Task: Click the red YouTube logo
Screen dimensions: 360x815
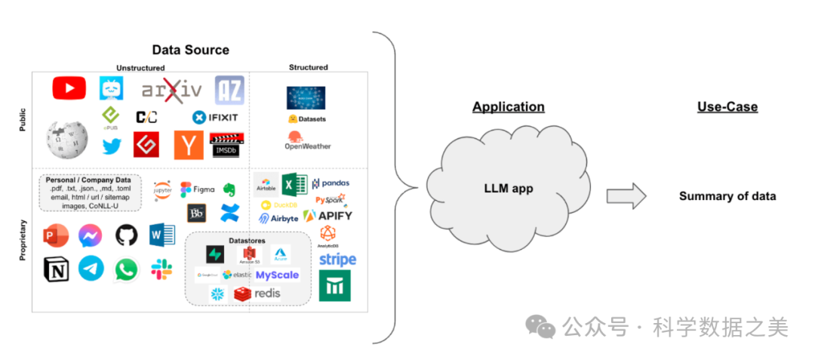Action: (x=69, y=89)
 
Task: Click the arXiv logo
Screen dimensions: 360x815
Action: (x=172, y=91)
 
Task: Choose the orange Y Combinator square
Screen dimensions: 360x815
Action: (x=189, y=144)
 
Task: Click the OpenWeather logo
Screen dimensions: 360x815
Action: (x=307, y=140)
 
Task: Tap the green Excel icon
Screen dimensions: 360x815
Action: (x=294, y=185)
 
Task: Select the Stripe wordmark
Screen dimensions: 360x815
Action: (x=337, y=260)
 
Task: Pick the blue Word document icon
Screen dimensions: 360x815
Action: (x=161, y=235)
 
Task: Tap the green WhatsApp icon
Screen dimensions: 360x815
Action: (x=126, y=269)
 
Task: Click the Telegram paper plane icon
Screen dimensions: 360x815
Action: (x=91, y=269)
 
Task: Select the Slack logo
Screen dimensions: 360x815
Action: (x=161, y=269)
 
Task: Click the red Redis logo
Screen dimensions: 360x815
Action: (x=257, y=294)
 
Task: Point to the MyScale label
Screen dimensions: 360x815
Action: (x=277, y=275)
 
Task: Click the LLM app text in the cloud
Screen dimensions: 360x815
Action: (x=508, y=188)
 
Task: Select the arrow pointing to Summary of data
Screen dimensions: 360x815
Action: (x=626, y=197)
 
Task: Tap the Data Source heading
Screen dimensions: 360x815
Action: (x=190, y=51)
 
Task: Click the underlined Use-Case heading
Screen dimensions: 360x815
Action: (x=727, y=107)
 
